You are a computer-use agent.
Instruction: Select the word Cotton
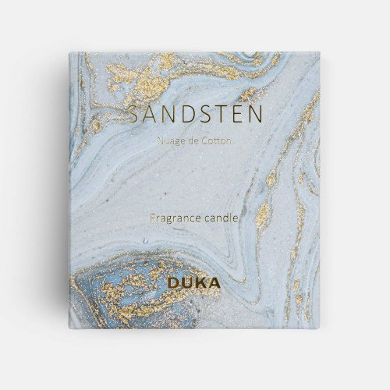pyautogui.click(x=212, y=141)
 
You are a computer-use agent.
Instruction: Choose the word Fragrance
pyautogui.click(x=173, y=219)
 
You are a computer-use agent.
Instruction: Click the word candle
pyautogui.click(x=220, y=219)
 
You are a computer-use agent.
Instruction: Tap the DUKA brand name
pyautogui.click(x=193, y=283)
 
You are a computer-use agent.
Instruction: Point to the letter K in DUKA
pyautogui.click(x=200, y=283)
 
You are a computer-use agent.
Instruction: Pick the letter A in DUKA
pyautogui.click(x=214, y=283)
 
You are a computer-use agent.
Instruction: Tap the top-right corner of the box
pyautogui.click(x=320, y=53)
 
